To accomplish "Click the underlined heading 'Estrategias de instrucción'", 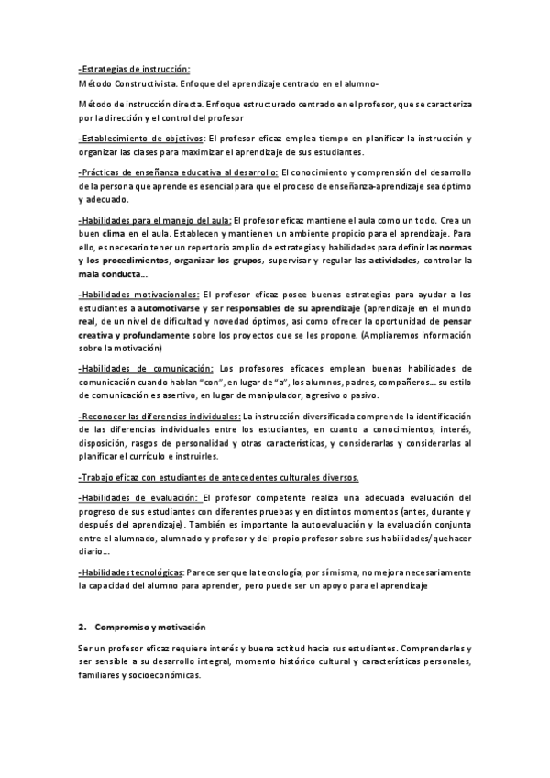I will (134, 70).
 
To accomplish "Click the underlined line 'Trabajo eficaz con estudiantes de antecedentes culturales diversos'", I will (219, 477).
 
